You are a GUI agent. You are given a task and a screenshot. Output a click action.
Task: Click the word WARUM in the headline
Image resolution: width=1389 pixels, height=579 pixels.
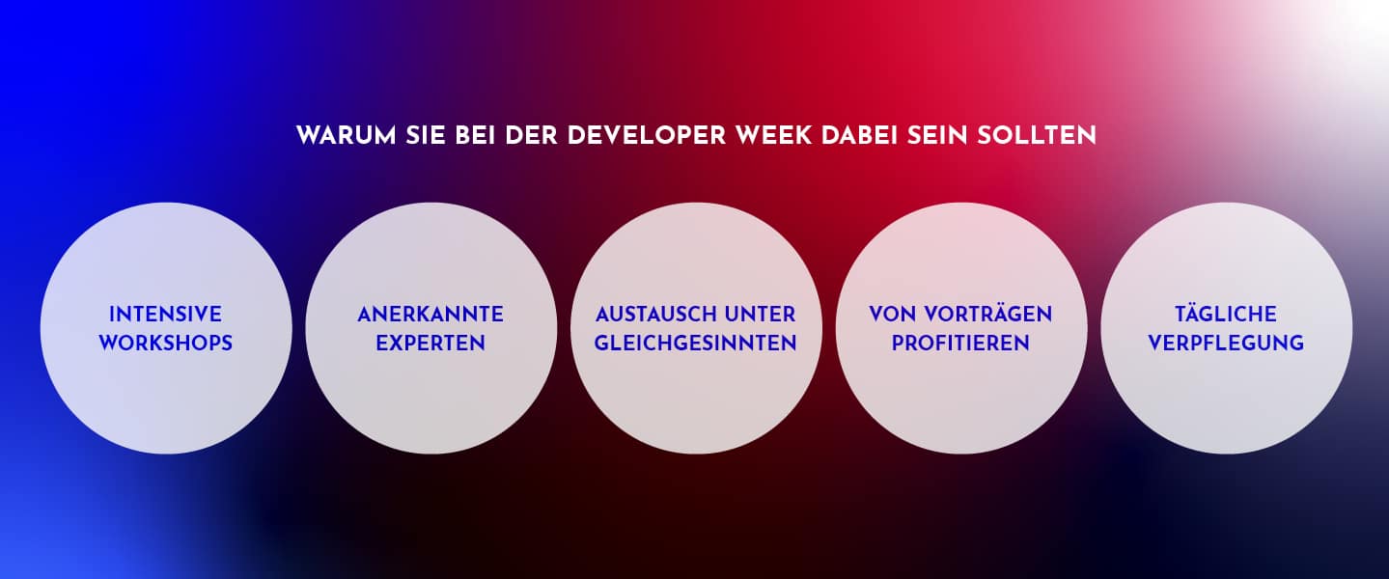(x=346, y=136)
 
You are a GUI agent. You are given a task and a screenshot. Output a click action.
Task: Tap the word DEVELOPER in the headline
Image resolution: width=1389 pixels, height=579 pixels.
(x=647, y=136)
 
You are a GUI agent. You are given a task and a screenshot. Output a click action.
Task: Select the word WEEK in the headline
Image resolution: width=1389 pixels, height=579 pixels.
(x=773, y=136)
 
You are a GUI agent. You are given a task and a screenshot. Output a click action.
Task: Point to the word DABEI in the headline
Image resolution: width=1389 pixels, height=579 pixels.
(x=859, y=136)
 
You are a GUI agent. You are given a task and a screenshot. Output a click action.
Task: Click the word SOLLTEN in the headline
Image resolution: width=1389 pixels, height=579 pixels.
(x=1037, y=136)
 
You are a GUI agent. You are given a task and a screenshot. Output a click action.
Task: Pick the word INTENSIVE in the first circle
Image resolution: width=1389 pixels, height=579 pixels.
(x=166, y=315)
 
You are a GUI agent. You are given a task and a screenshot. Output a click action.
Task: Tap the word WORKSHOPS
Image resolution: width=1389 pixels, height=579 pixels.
(x=166, y=343)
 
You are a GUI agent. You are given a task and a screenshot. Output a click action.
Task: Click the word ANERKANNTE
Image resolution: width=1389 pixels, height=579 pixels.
(x=431, y=315)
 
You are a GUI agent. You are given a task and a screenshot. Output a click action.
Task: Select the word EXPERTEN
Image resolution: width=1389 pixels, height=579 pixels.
(x=431, y=343)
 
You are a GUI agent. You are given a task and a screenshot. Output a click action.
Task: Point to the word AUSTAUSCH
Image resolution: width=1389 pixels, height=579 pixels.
(x=654, y=315)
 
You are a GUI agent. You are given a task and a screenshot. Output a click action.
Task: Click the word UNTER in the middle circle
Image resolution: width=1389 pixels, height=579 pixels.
(x=761, y=315)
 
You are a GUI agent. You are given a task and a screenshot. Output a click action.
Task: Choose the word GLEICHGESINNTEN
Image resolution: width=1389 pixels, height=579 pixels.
(x=696, y=343)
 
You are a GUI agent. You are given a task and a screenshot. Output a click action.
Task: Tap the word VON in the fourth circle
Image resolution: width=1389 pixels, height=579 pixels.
(x=893, y=315)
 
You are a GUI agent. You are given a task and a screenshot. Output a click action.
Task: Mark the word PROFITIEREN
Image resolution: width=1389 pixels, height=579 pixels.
(x=960, y=343)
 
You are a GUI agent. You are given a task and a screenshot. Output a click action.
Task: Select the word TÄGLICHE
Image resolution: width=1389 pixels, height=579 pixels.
(x=1226, y=313)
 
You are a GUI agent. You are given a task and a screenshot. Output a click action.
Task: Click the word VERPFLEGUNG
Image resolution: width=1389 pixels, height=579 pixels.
(x=1226, y=343)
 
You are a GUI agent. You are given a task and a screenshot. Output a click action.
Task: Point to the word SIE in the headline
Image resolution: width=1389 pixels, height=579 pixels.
(x=426, y=136)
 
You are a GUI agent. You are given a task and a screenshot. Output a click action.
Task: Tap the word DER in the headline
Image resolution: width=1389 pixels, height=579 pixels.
(x=532, y=136)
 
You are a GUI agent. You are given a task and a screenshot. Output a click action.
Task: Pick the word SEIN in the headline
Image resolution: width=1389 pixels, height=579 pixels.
(x=937, y=136)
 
